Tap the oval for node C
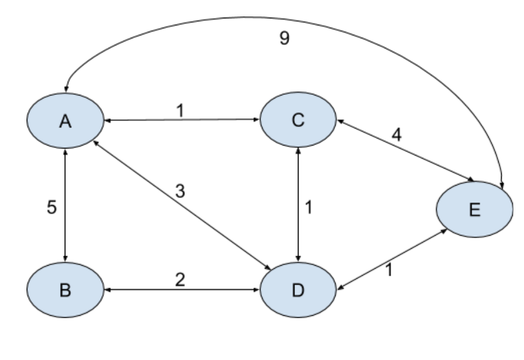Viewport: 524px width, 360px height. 299,120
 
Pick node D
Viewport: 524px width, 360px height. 299,290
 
